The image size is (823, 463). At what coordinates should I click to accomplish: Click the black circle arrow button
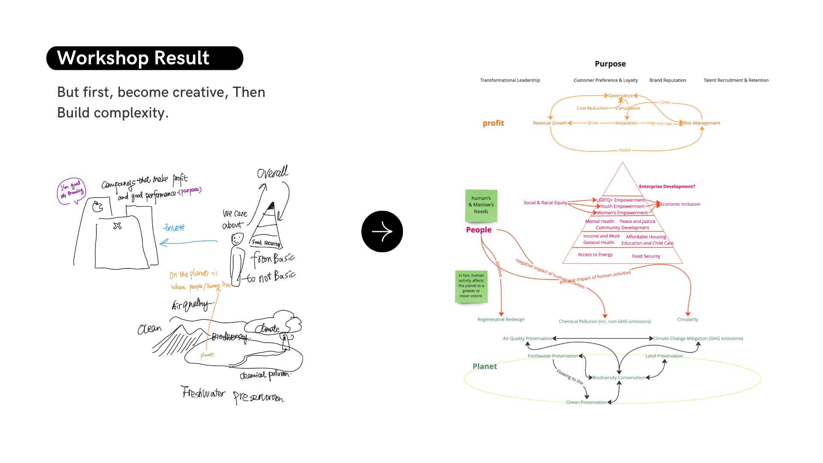click(382, 231)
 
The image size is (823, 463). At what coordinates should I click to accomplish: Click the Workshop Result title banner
click(144, 58)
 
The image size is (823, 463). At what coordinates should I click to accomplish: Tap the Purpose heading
click(610, 64)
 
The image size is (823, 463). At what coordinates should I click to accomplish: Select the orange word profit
click(493, 123)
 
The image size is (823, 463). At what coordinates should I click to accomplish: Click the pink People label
click(478, 230)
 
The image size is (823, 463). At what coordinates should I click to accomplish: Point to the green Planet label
click(484, 366)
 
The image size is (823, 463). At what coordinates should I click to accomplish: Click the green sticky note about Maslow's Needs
click(481, 205)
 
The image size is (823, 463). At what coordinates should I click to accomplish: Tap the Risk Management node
click(702, 123)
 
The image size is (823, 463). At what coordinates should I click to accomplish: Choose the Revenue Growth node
click(550, 123)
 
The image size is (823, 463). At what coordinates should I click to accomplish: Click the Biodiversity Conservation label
click(619, 378)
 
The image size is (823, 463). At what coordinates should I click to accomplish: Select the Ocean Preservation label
click(586, 402)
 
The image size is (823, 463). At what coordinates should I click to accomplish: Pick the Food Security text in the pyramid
click(646, 256)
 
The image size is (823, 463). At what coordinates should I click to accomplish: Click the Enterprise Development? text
click(667, 186)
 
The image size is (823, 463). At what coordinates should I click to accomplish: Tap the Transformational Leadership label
click(510, 80)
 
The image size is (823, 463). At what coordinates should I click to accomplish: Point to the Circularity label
click(687, 319)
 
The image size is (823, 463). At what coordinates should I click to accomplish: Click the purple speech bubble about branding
click(72, 190)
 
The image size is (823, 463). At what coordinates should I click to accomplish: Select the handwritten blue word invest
click(174, 228)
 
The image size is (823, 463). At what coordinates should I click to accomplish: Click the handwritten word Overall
click(273, 172)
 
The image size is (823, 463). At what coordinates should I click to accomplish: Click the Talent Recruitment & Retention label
click(736, 80)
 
